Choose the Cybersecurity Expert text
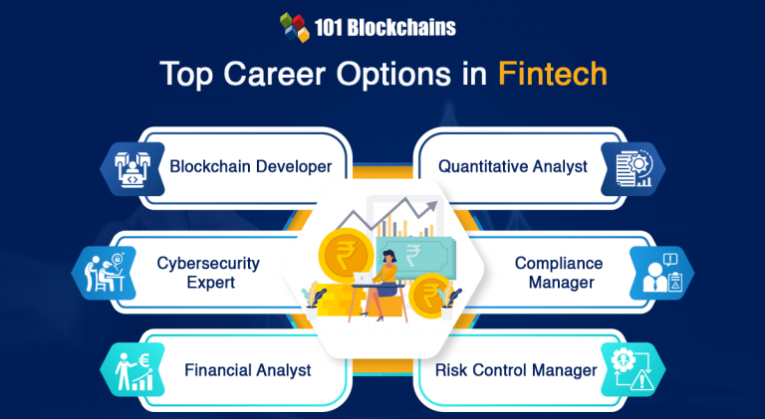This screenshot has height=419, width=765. [207, 272]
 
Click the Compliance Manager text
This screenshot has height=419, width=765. [558, 272]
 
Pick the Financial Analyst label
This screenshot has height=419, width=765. [247, 370]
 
